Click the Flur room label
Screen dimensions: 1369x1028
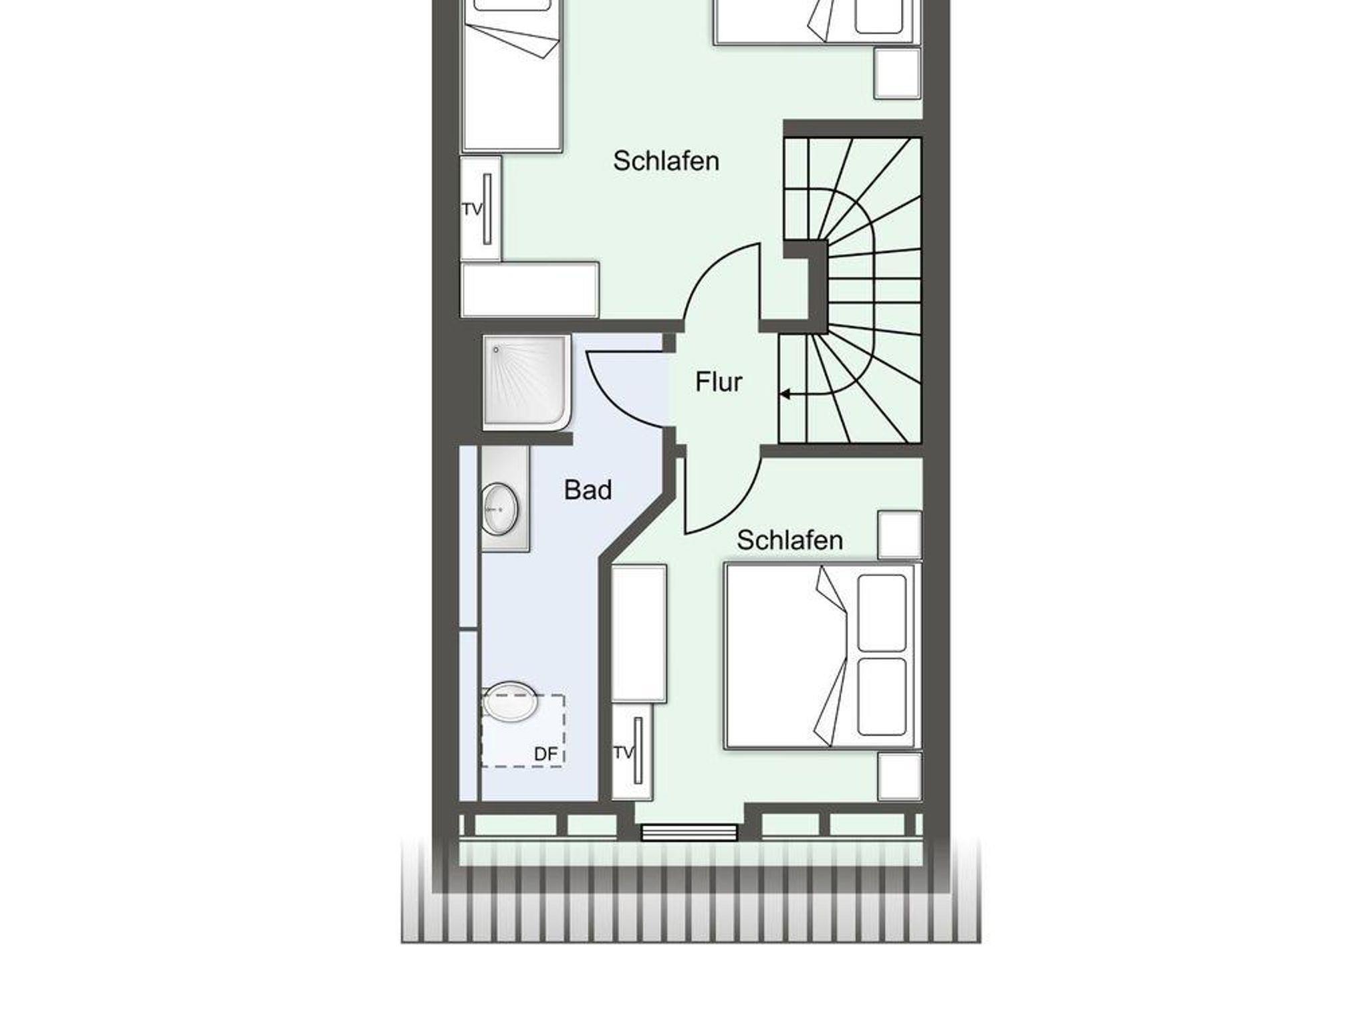(719, 382)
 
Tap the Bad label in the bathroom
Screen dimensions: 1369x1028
(588, 490)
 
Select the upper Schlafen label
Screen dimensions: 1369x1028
(666, 161)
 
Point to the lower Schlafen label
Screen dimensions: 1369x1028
(789, 540)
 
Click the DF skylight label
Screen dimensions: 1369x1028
(545, 754)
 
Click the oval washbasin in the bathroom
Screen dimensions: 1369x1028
(500, 509)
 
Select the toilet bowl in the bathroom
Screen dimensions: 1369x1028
(510, 702)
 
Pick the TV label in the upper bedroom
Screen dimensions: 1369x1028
(472, 209)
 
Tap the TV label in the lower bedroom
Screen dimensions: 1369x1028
(623, 753)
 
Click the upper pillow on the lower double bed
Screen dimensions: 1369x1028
(882, 613)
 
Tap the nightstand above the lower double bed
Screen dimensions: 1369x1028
(900, 535)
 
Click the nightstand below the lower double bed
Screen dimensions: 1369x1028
(900, 776)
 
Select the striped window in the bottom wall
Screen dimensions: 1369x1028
(689, 833)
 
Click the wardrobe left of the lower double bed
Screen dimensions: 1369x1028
(639, 633)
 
